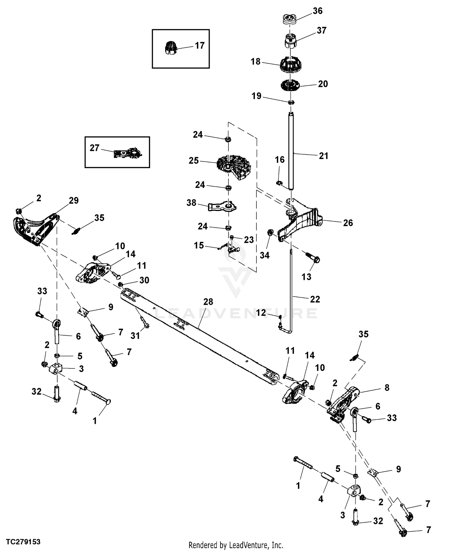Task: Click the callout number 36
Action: (317, 11)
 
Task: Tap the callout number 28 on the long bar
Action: (208, 302)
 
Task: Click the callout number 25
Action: (194, 161)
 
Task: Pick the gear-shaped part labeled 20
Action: (290, 85)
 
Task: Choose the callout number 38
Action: (191, 203)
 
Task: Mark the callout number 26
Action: (348, 223)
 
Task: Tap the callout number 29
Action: (74, 201)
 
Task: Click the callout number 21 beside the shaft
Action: (323, 156)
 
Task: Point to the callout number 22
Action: (315, 299)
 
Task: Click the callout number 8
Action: (387, 388)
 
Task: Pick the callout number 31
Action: (135, 336)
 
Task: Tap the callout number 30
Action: (144, 280)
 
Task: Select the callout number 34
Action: (264, 255)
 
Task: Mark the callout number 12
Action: (261, 313)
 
